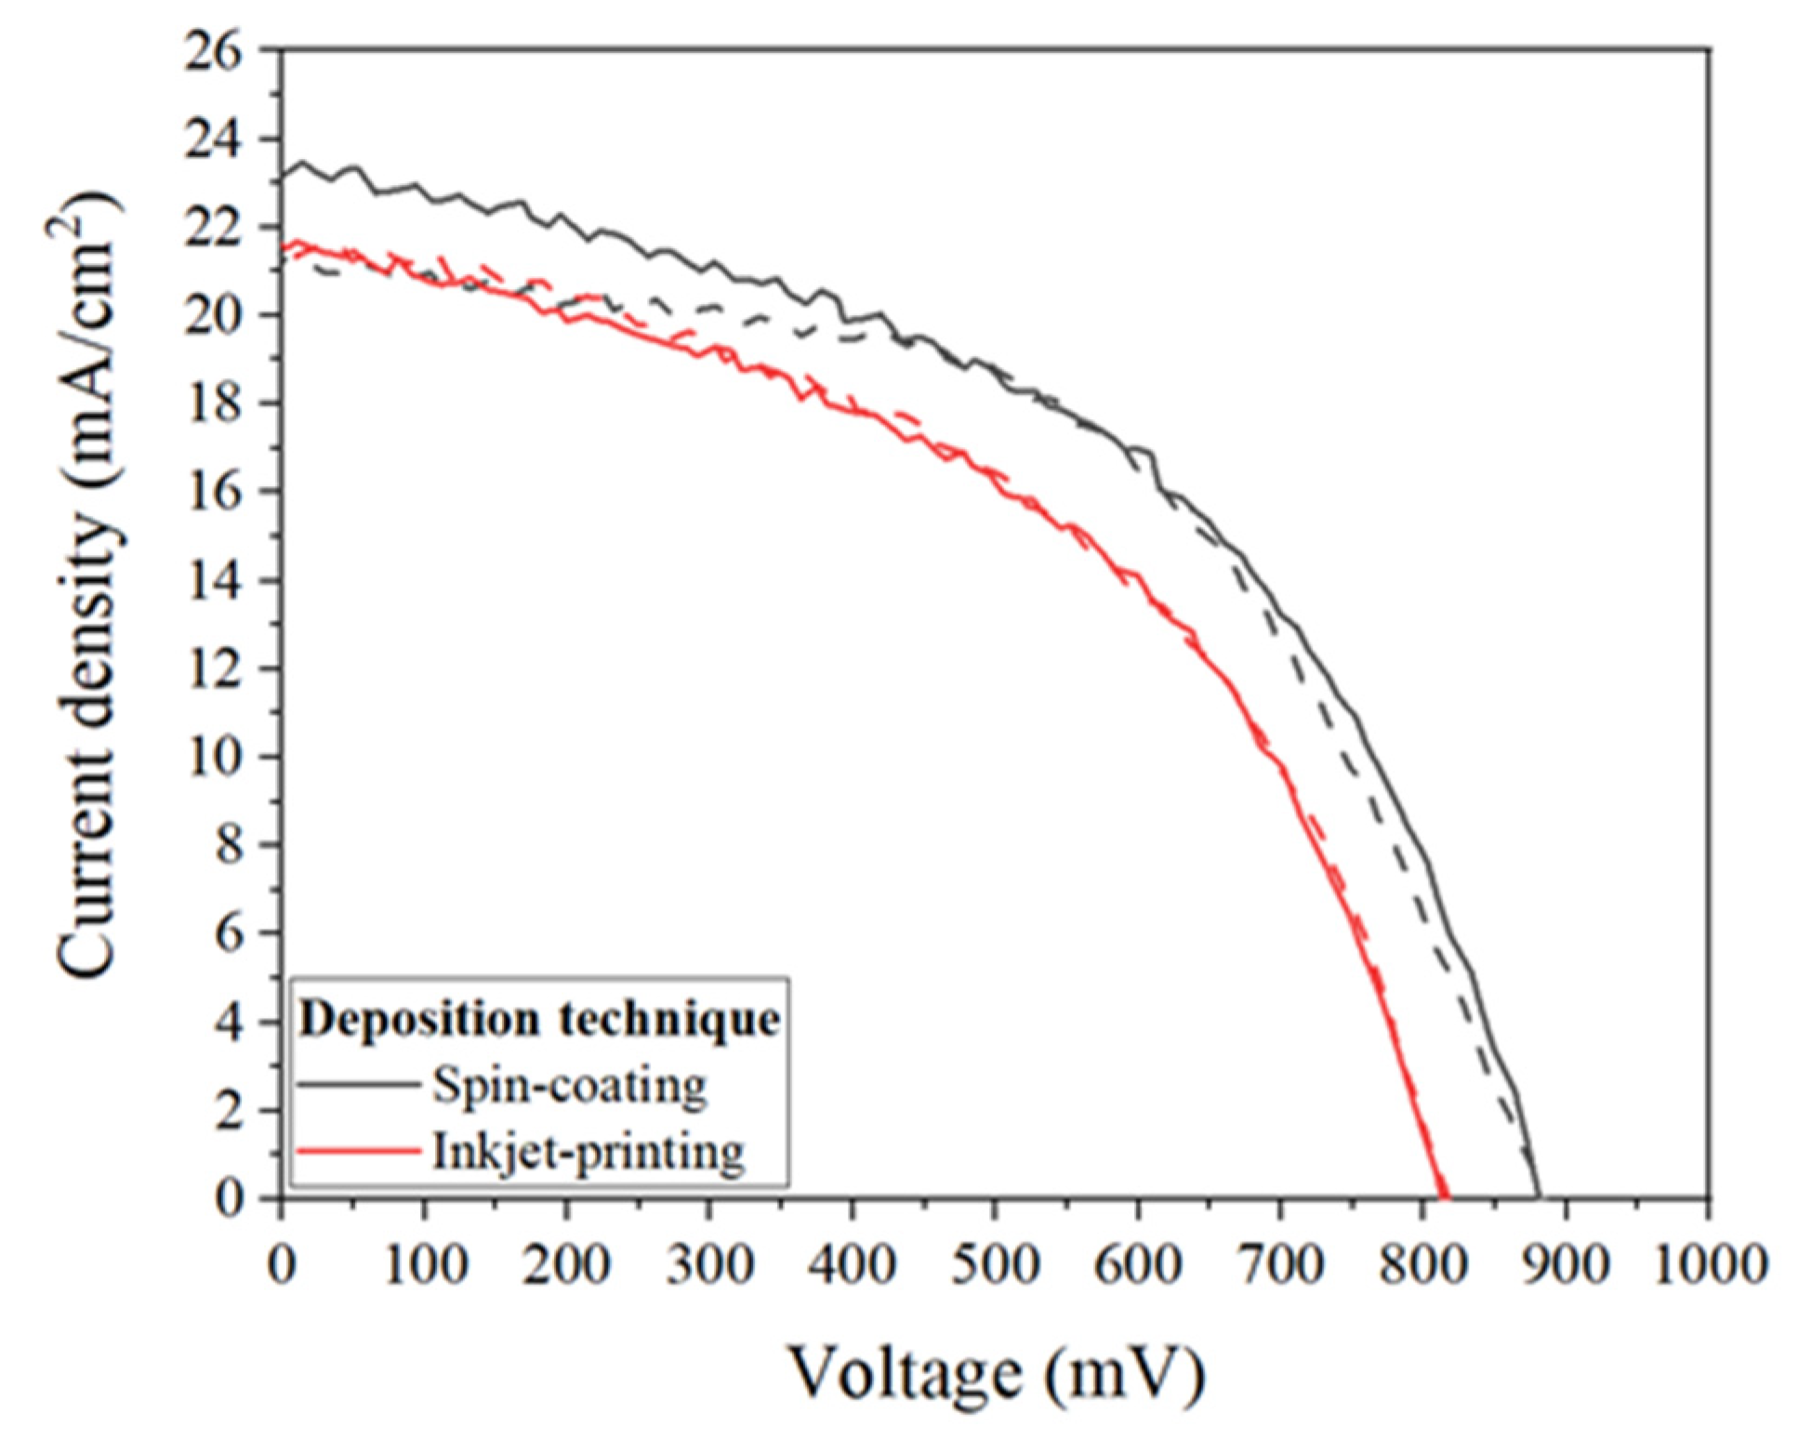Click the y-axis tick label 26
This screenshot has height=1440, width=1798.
pyautogui.click(x=216, y=51)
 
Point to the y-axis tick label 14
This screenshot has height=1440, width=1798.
pyautogui.click(x=216, y=581)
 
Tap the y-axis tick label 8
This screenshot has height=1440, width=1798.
pyautogui.click(x=230, y=846)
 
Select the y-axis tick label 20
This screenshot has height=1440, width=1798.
pyautogui.click(x=216, y=316)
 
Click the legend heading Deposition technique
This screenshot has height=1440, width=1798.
pyautogui.click(x=539, y=1019)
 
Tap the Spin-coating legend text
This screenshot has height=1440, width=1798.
pyautogui.click(x=569, y=1084)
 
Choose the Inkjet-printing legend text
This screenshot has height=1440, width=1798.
pyautogui.click(x=588, y=1152)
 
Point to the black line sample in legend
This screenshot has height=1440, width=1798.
pyautogui.click(x=358, y=1084)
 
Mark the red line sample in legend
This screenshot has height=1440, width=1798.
pyautogui.click(x=358, y=1152)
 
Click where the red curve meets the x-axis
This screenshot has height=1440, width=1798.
pyautogui.click(x=1445, y=1196)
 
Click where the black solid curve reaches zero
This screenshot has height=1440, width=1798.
pyautogui.click(x=1540, y=1196)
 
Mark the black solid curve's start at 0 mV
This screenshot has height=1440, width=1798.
pyautogui.click(x=283, y=174)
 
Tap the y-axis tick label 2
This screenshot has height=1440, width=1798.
pyautogui.click(x=230, y=1111)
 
